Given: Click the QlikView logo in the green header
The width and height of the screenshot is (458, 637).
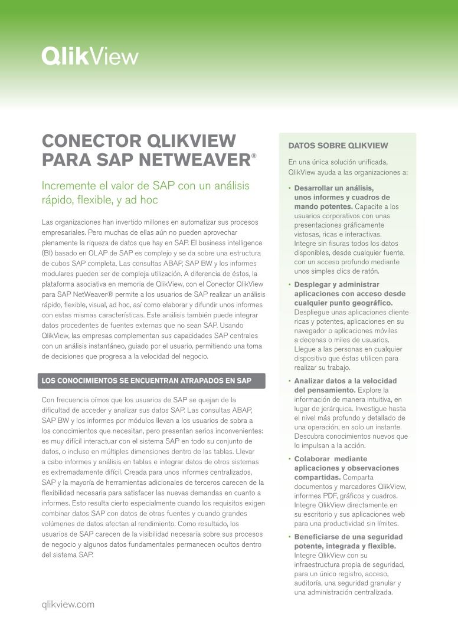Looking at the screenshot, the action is [x=90, y=56].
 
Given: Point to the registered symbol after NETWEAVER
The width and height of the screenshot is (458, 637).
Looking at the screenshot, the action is [x=254, y=156].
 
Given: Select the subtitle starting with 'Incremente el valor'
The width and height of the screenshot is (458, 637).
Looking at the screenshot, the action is [x=145, y=193].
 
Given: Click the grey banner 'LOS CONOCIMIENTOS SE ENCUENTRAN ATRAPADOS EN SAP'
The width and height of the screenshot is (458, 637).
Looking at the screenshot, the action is [x=153, y=381].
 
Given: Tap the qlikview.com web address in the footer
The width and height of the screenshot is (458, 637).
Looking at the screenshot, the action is [x=68, y=604].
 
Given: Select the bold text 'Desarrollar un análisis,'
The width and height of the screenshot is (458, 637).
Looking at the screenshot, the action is [x=333, y=188].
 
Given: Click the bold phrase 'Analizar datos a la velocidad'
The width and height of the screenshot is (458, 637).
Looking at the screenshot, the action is [x=345, y=381].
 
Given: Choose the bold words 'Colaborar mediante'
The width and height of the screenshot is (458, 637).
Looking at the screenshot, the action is [x=331, y=458].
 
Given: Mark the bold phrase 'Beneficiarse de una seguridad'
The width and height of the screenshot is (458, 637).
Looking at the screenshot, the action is [x=348, y=537].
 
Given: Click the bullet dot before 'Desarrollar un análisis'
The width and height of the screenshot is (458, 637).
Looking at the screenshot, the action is [x=290, y=188].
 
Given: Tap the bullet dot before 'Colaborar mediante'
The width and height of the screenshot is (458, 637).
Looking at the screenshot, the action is [x=290, y=458].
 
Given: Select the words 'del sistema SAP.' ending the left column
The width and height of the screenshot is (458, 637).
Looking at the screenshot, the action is [x=67, y=556].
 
